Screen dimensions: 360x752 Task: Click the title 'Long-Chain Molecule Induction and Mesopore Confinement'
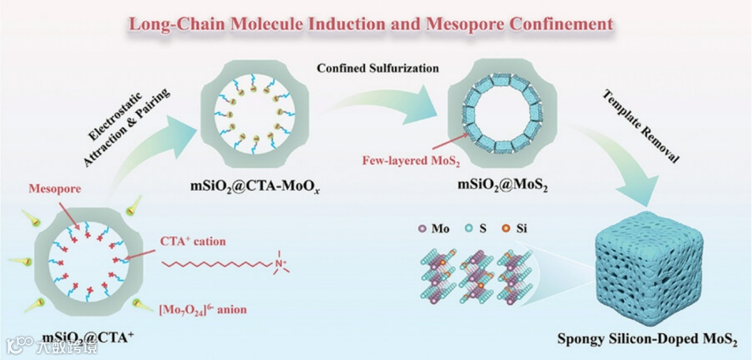tap(370, 24)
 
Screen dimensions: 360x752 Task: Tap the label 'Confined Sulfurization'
tap(377, 68)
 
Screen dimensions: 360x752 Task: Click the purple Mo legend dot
tap(421, 228)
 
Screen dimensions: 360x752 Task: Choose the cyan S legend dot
tap(470, 228)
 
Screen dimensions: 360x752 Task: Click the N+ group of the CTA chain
tap(276, 264)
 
